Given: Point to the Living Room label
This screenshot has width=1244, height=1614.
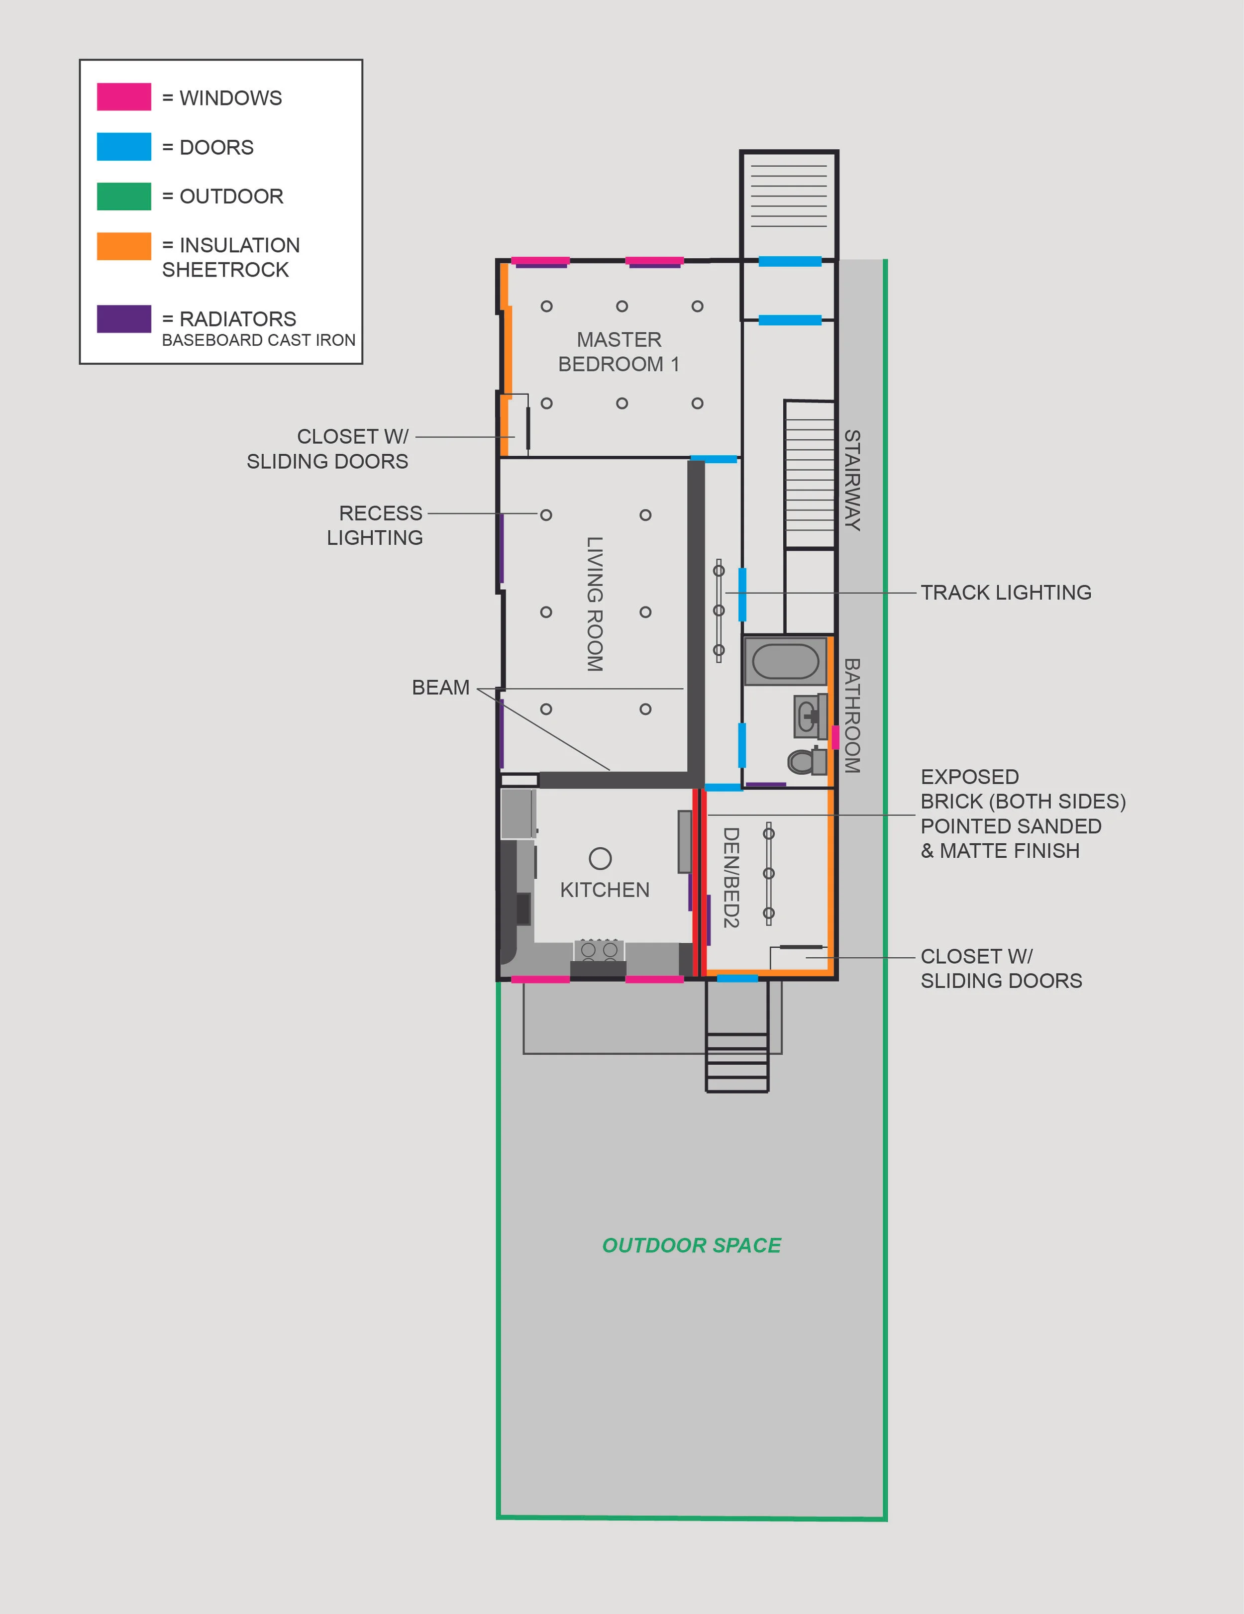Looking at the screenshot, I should pyautogui.click(x=594, y=604).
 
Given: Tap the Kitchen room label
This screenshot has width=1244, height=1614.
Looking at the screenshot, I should pyautogui.click(x=605, y=890).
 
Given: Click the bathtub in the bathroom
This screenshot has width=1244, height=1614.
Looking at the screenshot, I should pyautogui.click(x=785, y=661).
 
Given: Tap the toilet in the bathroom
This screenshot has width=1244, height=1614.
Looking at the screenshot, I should pyautogui.click(x=804, y=760).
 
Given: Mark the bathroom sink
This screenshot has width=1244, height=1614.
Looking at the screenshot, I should pyautogui.click(x=809, y=715).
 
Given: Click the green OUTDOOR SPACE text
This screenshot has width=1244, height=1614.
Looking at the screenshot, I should pyautogui.click(x=691, y=1245).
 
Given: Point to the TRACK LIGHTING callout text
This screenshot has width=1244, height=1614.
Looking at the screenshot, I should pyautogui.click(x=1005, y=593).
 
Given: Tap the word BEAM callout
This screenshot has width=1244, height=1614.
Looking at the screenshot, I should pyautogui.click(x=440, y=687).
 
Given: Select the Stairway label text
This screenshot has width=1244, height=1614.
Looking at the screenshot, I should pyautogui.click(x=852, y=480).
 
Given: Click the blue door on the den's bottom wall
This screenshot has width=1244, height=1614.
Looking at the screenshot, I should pyautogui.click(x=737, y=979).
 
